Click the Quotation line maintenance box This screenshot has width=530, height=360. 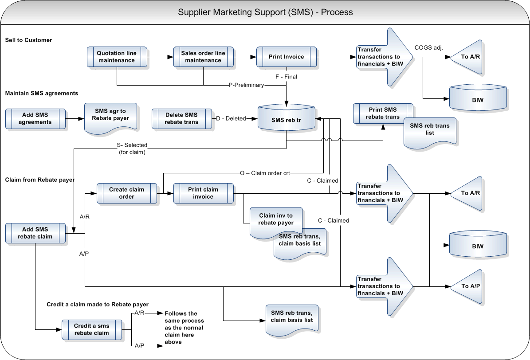[117, 57]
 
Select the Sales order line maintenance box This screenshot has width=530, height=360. [203, 57]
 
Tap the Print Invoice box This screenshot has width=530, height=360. [286, 57]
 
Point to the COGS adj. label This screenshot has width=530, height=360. [429, 47]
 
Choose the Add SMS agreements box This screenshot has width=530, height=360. [35, 119]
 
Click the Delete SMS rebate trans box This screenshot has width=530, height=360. [181, 119]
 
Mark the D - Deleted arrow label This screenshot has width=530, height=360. [231, 119]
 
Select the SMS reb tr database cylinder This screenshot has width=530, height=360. [287, 119]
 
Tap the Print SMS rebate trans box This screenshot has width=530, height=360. [383, 113]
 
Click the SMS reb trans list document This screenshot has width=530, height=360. [429, 130]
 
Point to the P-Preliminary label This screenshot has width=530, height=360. [246, 85]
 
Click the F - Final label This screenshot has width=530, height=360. [286, 77]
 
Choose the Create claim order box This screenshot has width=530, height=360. [126, 193]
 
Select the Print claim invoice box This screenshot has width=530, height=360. [203, 193]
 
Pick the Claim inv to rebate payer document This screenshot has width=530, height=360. [276, 219]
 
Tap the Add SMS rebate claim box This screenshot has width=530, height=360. [35, 233]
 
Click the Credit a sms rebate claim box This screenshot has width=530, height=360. [91, 329]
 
